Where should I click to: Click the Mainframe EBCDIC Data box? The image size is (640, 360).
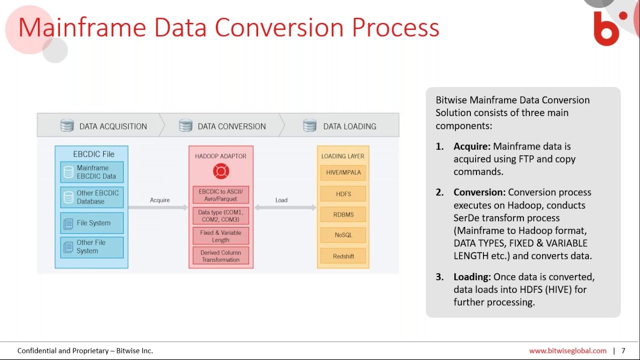coord(91,172)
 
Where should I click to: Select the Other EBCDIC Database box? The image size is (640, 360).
coord(91,197)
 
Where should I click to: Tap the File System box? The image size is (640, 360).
coord(91,223)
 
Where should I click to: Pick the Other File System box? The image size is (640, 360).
coord(91,247)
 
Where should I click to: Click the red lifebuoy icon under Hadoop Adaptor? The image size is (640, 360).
coord(220,171)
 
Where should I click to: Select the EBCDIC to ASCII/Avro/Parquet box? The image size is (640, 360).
coord(220,195)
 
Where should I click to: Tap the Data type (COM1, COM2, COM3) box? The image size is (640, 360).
coord(220,216)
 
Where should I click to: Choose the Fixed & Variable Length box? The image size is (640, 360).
coord(220,236)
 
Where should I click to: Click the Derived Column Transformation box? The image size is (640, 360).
coord(220,256)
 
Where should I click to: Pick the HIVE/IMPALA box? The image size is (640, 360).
coord(343,172)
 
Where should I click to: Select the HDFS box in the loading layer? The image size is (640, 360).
coord(343,194)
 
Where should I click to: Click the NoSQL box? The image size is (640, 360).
coord(343,235)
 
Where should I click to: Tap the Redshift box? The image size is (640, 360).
coord(343,256)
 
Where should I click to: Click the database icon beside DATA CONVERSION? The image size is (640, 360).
coord(185,125)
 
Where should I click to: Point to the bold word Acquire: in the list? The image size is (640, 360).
coord(471,146)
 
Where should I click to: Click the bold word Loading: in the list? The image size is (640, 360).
coord(472,277)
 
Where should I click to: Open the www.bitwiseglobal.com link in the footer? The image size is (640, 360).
coord(567,351)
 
